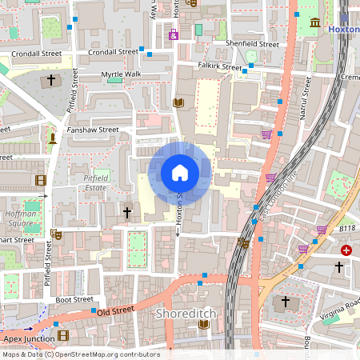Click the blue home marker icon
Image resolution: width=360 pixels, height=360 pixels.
180,173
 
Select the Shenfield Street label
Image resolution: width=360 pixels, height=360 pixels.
252,44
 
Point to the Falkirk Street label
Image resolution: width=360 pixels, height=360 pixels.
220,67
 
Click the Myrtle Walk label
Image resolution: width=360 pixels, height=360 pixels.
120,74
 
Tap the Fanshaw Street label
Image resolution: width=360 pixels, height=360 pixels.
93,130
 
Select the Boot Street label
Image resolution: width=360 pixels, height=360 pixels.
74,299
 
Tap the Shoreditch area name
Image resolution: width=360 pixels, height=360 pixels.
186,314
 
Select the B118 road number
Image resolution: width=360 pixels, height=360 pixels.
346,228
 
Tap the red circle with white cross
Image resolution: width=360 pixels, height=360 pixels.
346,250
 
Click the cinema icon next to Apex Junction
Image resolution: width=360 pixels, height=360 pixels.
62,336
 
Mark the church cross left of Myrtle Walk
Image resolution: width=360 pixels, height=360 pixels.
52,80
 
